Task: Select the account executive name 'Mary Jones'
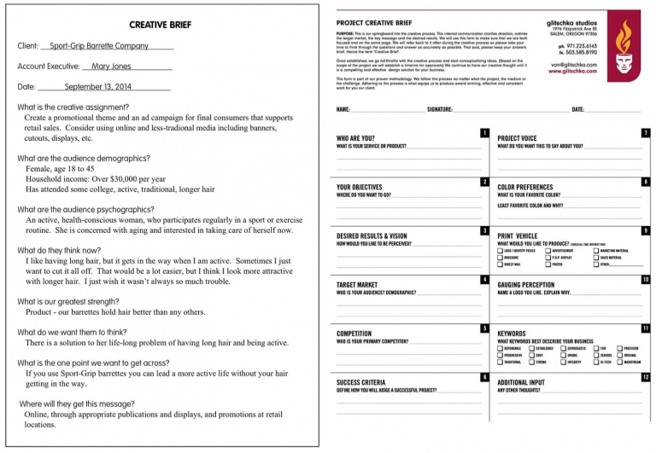pyautogui.click(x=111, y=66)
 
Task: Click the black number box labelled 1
pyautogui.click(x=484, y=133)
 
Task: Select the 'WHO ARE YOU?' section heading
pyautogui.click(x=355, y=137)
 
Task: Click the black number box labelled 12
pyautogui.click(x=646, y=377)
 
